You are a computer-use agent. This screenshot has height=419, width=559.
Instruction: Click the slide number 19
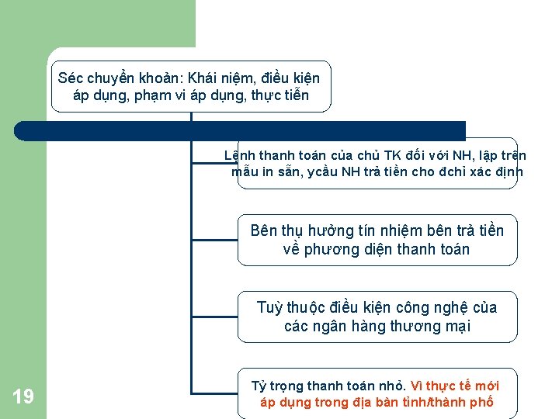click(x=23, y=397)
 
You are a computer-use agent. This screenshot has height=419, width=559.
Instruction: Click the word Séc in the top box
click(x=71, y=78)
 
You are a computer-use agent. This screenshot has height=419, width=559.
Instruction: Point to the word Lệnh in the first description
click(x=239, y=155)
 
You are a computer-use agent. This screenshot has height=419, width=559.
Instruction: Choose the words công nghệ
click(x=436, y=307)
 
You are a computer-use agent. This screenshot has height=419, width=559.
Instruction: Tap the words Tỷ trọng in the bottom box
click(x=277, y=386)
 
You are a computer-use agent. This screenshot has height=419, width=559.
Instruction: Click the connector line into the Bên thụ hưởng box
click(x=215, y=241)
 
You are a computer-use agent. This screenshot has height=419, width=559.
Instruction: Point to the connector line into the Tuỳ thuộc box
click(x=215, y=317)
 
